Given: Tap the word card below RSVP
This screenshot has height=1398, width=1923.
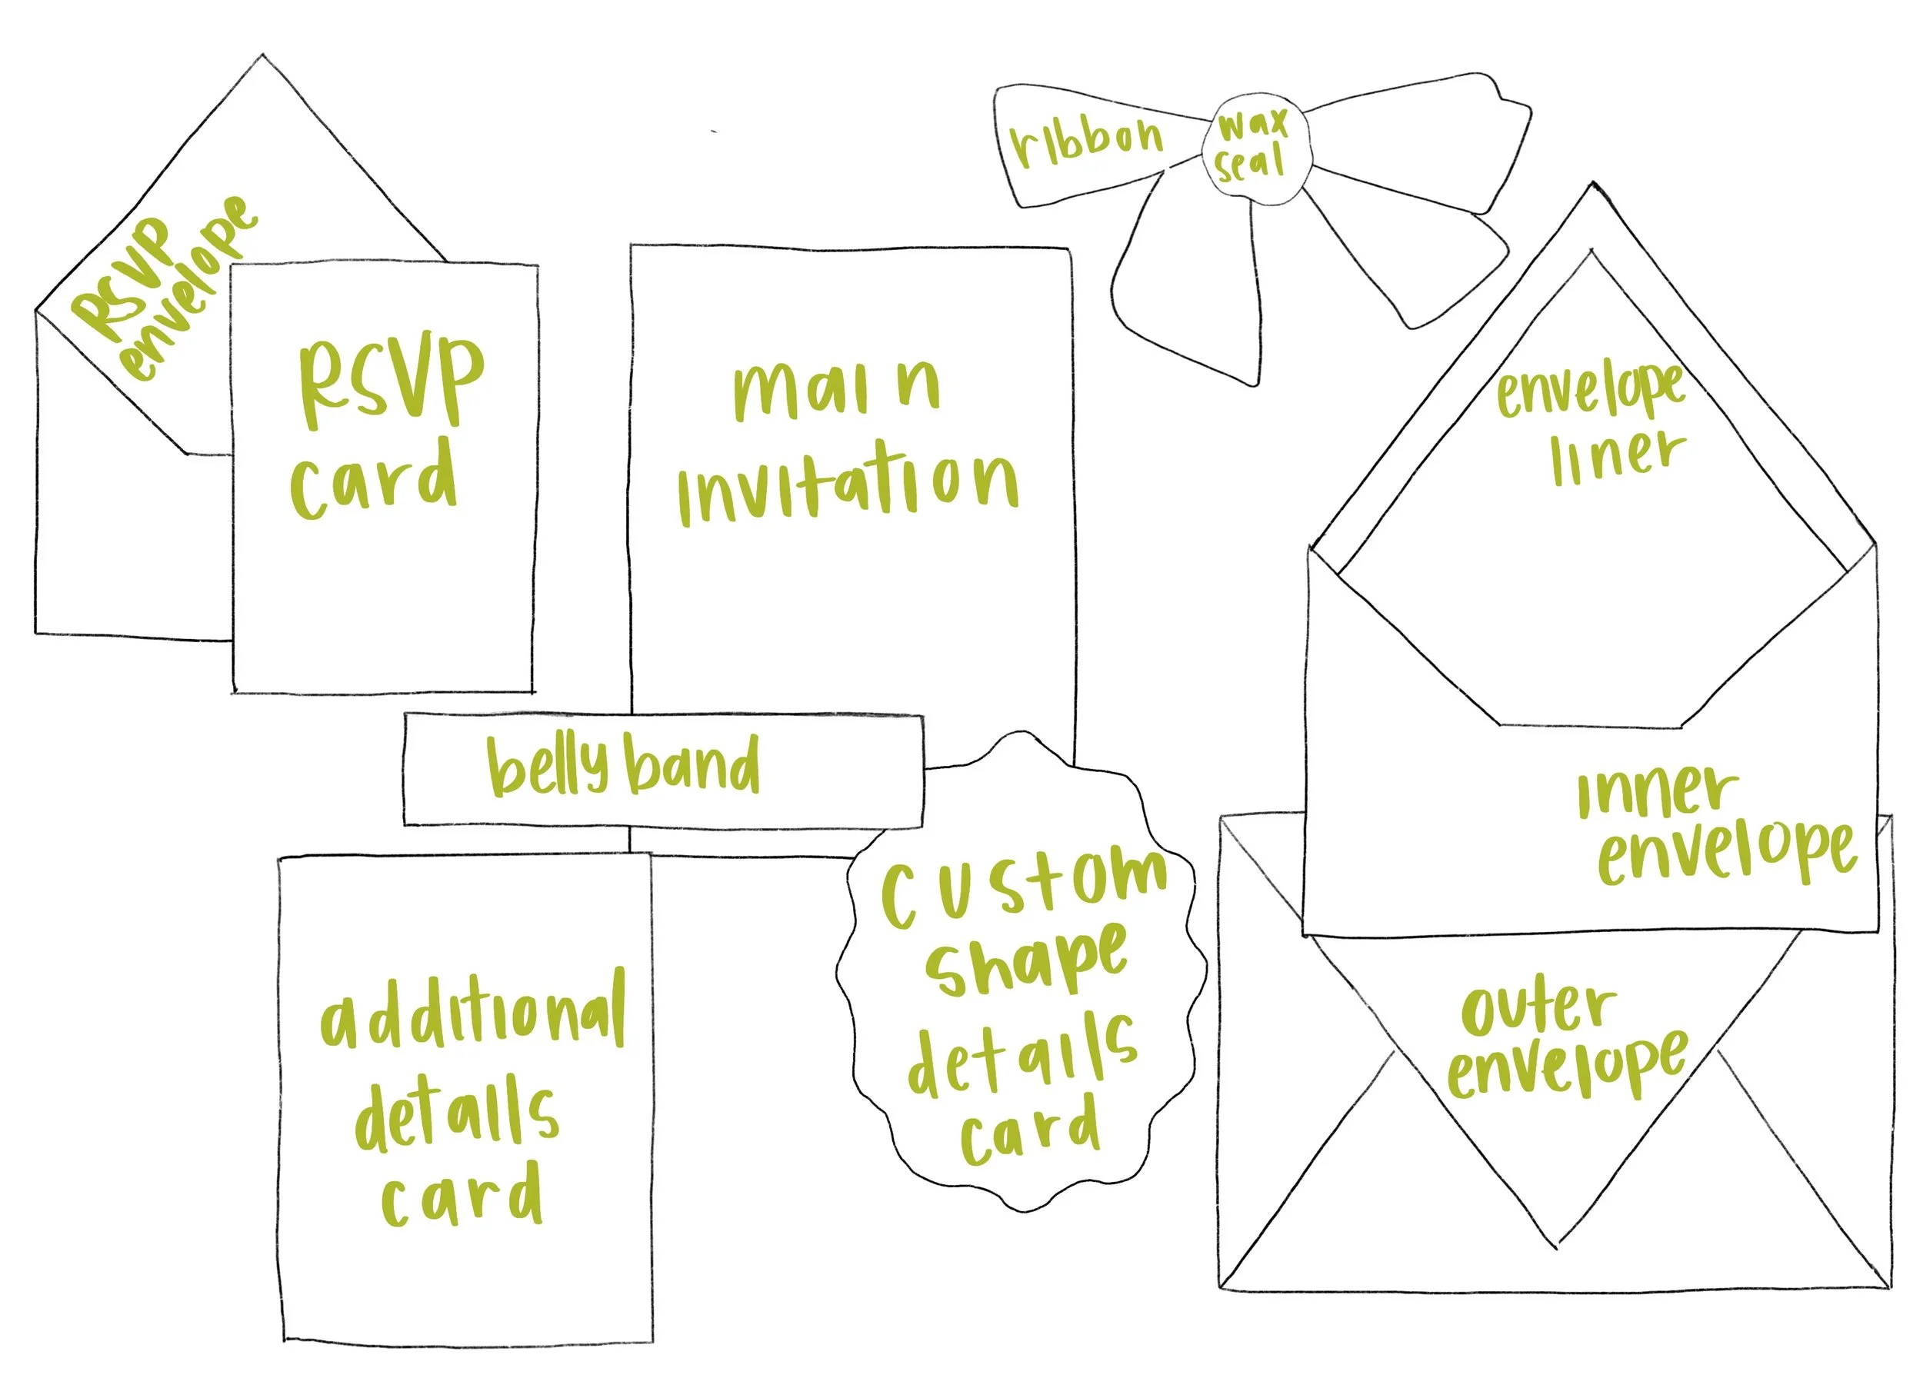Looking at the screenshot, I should [374, 479].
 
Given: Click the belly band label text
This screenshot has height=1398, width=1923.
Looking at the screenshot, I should [622, 766].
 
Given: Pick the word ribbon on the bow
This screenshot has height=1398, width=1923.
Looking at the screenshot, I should [1087, 141].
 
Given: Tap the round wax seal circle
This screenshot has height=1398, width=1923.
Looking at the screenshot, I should [1253, 149].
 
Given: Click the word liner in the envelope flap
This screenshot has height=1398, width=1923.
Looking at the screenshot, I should [1616, 458].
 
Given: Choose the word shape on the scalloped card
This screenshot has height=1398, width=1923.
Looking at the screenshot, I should [1026, 963].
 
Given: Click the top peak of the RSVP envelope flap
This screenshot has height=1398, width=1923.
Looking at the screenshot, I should [263, 57].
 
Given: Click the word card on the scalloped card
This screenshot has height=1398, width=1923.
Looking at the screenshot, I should [1029, 1130].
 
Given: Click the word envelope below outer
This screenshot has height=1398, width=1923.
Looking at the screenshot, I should [1565, 1066].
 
